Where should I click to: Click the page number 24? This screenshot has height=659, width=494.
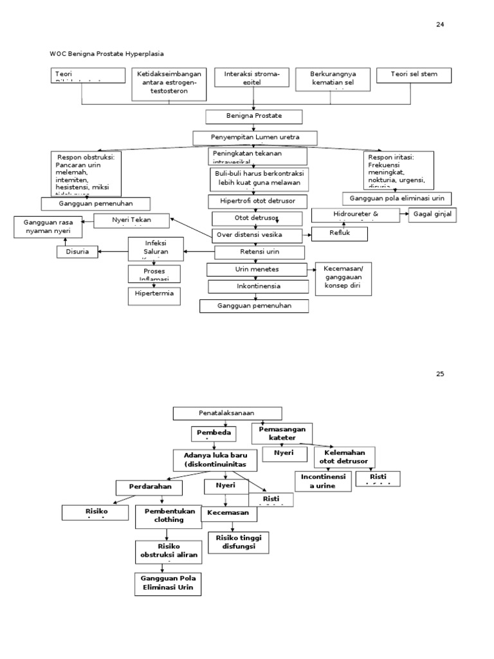point(440,24)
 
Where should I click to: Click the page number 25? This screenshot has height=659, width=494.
point(440,374)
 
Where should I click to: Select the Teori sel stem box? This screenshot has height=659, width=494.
point(414,75)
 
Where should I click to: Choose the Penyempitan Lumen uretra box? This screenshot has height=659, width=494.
point(255,138)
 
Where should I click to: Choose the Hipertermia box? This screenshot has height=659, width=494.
point(154,295)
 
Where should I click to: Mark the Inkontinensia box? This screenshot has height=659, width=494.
point(253,286)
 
